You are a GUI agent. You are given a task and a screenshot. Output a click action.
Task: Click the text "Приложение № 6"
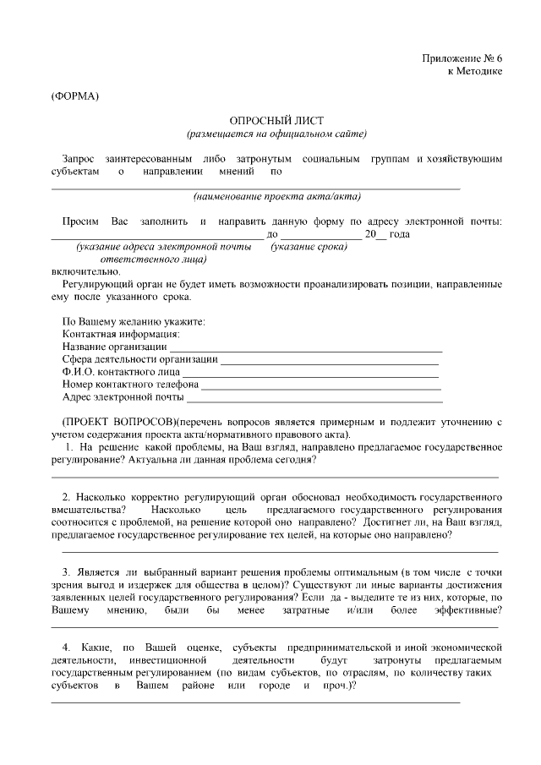[x=462, y=58]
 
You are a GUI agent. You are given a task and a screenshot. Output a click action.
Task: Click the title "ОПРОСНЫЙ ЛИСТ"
[x=276, y=122]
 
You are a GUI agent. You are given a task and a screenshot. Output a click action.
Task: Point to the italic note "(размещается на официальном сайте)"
[x=276, y=134]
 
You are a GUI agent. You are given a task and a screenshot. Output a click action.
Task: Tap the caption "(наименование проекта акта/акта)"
[x=276, y=197]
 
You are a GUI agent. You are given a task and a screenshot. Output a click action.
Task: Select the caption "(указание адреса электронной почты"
[x=163, y=247]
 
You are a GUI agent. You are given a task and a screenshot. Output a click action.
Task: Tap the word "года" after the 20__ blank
[x=400, y=234]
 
